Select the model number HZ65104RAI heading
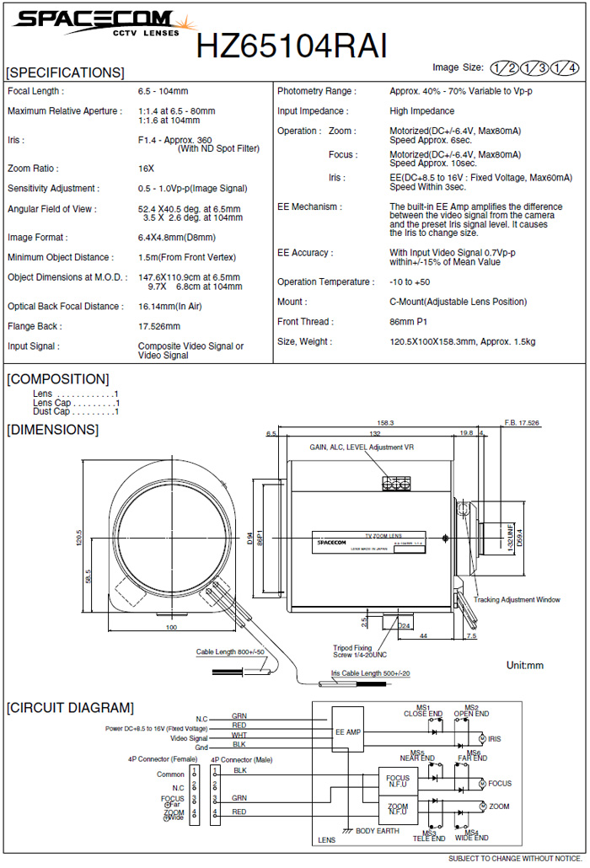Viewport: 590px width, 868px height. [x=292, y=46]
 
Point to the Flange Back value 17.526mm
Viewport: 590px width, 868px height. [x=159, y=326]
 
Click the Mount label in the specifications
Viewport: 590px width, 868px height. [x=292, y=302]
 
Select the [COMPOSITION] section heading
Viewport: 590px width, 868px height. [x=58, y=379]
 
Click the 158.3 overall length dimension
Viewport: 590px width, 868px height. [x=386, y=423]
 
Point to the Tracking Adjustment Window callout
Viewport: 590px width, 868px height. [x=517, y=600]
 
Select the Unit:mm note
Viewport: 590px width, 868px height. [x=524, y=666]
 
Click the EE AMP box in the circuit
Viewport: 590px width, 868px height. [x=347, y=732]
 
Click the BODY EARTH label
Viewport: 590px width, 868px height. [x=376, y=831]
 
